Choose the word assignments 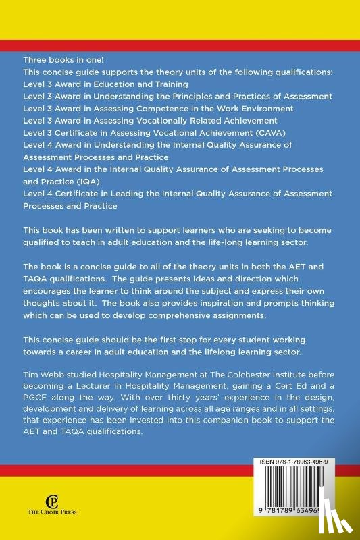tap(210, 335)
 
